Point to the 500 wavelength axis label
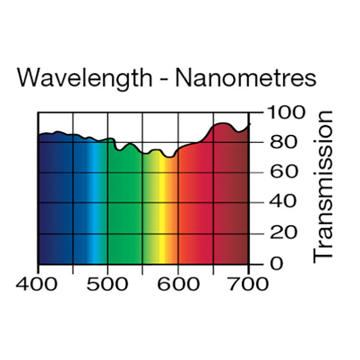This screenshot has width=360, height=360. [x=108, y=284]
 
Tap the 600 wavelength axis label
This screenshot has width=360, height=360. [x=178, y=284]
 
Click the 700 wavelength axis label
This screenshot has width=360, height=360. [x=248, y=284]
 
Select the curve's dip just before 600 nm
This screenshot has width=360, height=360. [x=170, y=157]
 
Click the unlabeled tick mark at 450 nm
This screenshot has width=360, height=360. [x=73, y=268]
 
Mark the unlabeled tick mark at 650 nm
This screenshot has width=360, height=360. [x=213, y=268]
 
